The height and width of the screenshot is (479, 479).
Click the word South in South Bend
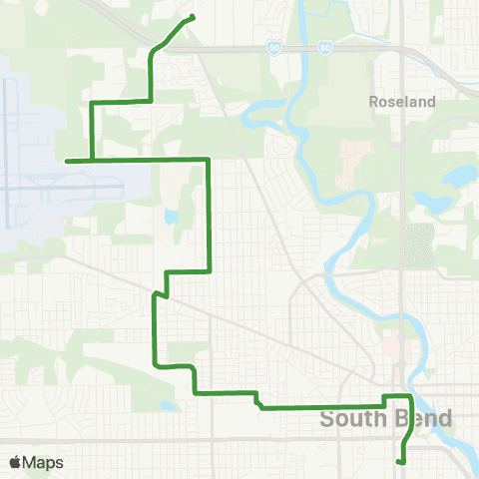[x=352, y=419]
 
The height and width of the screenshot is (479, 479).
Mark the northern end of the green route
[x=192, y=17]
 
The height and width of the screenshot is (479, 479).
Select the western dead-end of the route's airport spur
[x=66, y=160]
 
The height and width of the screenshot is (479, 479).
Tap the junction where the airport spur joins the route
[x=93, y=160]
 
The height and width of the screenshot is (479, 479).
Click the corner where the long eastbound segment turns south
[x=209, y=160]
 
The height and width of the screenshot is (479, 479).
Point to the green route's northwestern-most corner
[x=93, y=103]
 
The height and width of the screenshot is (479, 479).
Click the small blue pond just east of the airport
[x=172, y=215]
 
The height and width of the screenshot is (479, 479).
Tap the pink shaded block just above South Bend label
[x=395, y=349]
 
